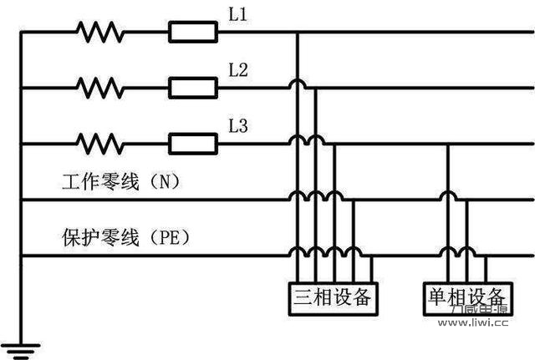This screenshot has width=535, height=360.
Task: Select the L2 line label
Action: [238, 71]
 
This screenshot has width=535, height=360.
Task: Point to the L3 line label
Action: [238, 127]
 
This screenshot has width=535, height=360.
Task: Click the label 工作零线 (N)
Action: [120, 181]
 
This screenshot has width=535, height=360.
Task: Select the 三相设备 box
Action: [332, 296]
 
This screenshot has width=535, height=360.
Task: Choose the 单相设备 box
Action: [466, 296]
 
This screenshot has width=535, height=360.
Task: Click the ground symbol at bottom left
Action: [21, 344]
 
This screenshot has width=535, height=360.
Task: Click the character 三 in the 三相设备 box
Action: [302, 296]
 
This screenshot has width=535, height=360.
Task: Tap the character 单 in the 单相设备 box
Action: [436, 296]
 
